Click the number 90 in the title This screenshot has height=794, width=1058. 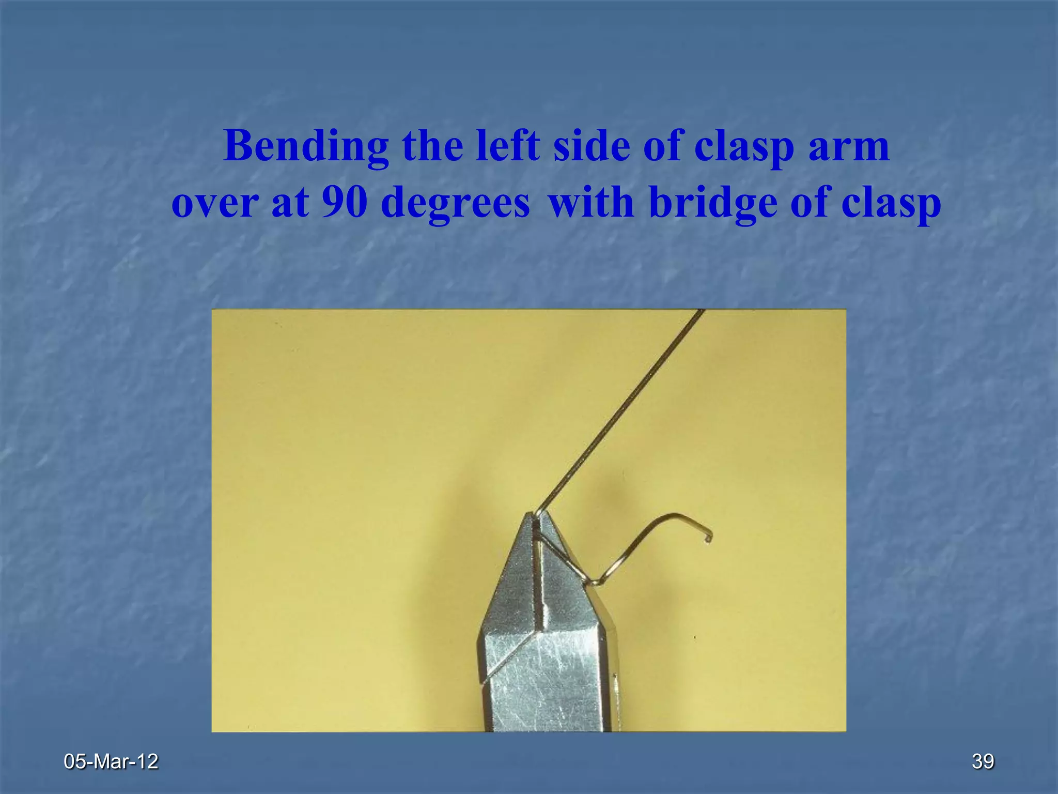pyautogui.click(x=345, y=203)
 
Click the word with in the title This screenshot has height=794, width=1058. pyautogui.click(x=590, y=203)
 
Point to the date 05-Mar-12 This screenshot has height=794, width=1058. pyautogui.click(x=111, y=761)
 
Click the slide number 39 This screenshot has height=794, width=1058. pyautogui.click(x=983, y=761)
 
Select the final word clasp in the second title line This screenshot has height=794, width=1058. pyautogui.click(x=891, y=203)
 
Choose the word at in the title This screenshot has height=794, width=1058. pyautogui.click(x=290, y=203)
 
